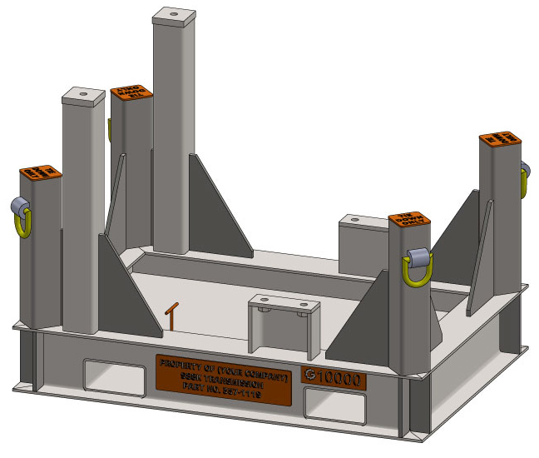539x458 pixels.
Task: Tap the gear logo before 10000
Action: point(311,376)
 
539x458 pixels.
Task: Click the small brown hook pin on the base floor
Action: point(171,315)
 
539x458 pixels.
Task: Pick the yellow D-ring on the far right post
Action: point(525,181)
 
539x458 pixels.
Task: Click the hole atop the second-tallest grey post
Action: point(84,94)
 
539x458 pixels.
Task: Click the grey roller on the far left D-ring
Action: point(18,207)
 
